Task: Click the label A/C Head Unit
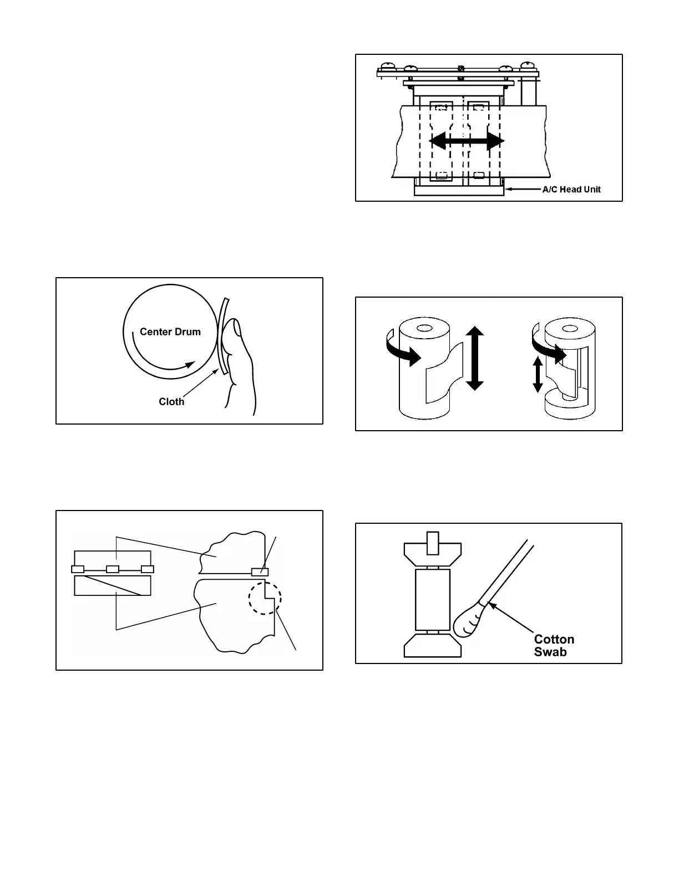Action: click(571, 189)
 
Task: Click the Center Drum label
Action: click(170, 331)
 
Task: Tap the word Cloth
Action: click(171, 401)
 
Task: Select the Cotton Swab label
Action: click(554, 645)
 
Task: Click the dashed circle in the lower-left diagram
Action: click(265, 598)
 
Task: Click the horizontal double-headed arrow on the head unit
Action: click(467, 141)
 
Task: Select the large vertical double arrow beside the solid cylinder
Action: click(474, 358)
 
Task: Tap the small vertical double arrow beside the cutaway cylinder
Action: click(537, 374)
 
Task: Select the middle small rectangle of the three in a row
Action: click(113, 569)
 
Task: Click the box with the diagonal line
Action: click(113, 586)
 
